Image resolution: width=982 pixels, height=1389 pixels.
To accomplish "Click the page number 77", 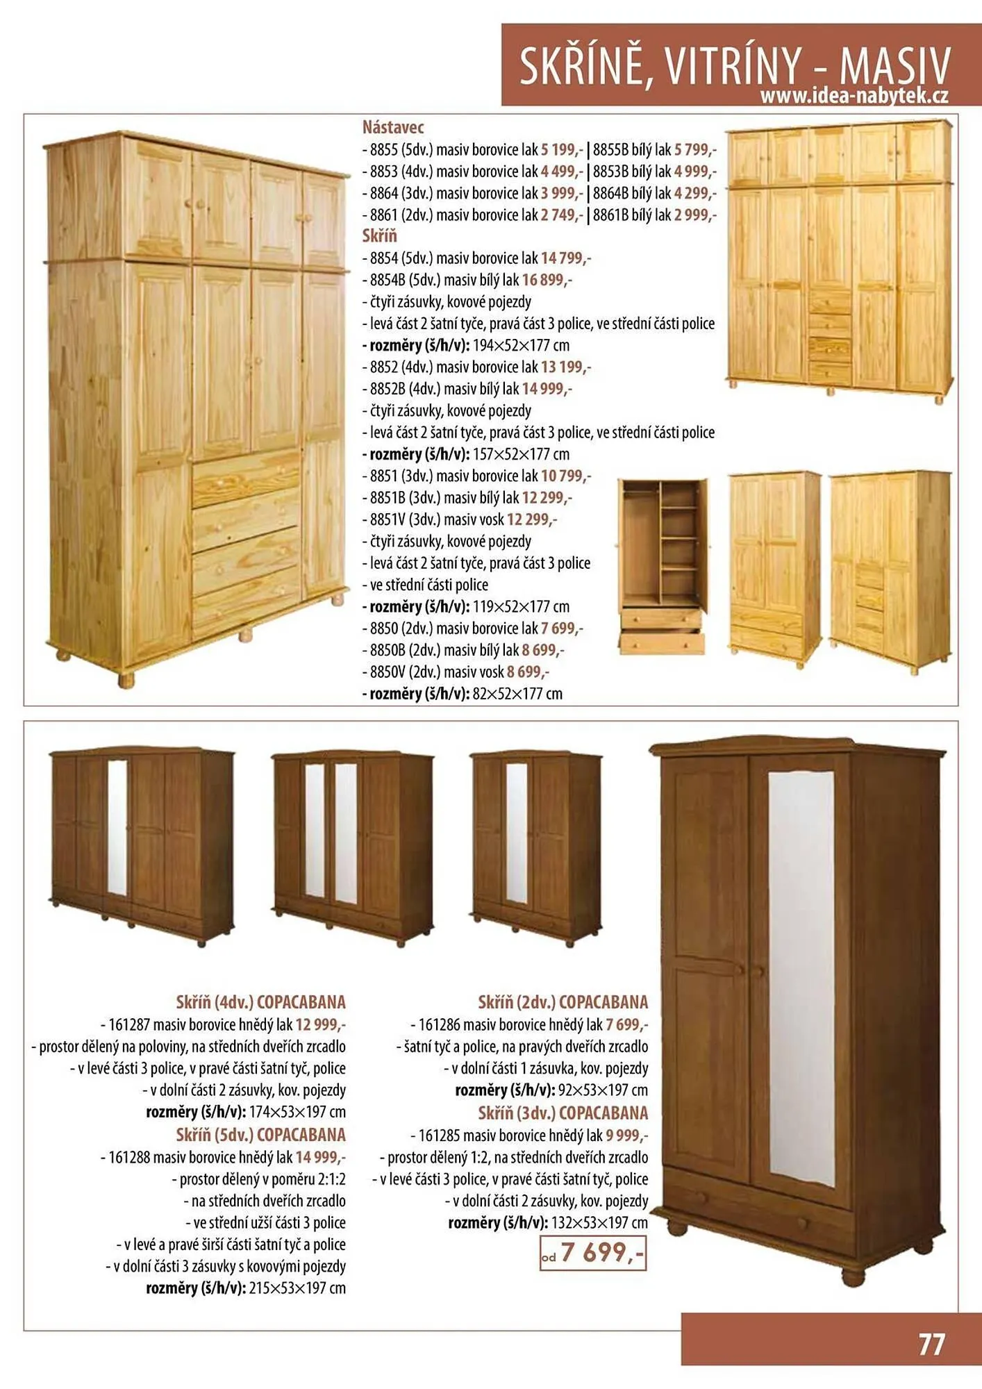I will pos(931,1344).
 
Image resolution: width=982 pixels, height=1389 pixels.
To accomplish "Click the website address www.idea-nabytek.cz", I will pos(854,96).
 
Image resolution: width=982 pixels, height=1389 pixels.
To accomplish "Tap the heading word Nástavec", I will pos(392,127).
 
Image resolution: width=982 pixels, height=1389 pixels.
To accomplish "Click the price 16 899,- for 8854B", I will pos(547,280).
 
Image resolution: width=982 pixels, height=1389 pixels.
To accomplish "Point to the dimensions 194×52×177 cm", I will pos(521,345).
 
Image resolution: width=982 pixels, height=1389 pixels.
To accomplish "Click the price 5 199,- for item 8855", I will pos(562,149).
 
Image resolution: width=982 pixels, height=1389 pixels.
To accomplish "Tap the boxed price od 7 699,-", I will pos(594,1253).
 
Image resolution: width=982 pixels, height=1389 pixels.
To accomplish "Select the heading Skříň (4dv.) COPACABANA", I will pos(260,1002).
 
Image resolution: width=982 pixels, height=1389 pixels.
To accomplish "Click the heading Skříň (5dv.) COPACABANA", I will pos(260,1135).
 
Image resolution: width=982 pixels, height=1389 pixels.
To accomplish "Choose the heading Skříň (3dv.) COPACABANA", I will pos(563,1113).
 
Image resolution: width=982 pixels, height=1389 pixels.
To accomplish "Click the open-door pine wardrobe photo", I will pos(662,566).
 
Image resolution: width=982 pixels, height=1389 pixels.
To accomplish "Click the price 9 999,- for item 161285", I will pos(626,1136).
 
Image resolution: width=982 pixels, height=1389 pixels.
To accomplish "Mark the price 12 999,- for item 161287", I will pos(320,1024).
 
